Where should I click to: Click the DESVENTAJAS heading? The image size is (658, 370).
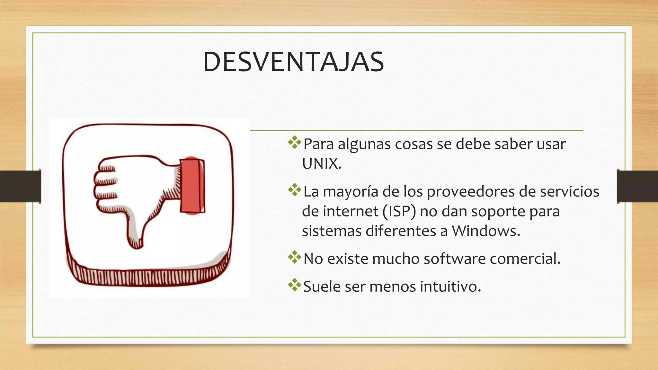click(x=293, y=62)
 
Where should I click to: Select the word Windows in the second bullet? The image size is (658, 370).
click(x=485, y=231)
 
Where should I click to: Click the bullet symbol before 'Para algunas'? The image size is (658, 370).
click(x=294, y=143)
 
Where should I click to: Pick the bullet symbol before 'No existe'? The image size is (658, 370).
click(x=294, y=257)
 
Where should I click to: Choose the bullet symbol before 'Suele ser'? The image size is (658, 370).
click(x=294, y=285)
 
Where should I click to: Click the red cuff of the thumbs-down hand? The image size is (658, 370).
click(x=192, y=186)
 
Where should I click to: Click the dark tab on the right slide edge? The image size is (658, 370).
click(x=637, y=186)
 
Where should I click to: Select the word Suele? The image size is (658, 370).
click(x=322, y=286)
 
